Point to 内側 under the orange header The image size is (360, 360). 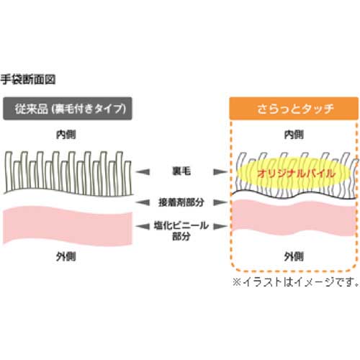(x=294, y=134)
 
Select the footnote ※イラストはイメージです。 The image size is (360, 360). (x=294, y=281)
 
